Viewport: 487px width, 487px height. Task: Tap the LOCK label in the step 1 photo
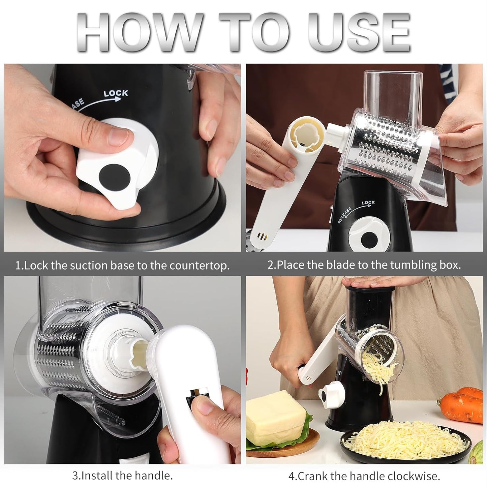pyautogui.click(x=116, y=93)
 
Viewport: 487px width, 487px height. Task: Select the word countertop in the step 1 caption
pyautogui.click(x=199, y=266)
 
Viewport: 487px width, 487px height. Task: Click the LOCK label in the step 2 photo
pyautogui.click(x=368, y=203)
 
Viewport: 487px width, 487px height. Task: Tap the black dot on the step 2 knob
pyautogui.click(x=367, y=239)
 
